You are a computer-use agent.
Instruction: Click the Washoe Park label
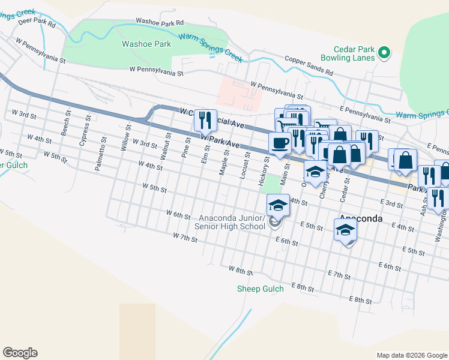coord(146,44)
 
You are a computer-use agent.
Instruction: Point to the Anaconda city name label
coord(361,218)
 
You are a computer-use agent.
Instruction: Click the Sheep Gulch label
coord(259,289)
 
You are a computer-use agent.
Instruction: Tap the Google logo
coord(20,353)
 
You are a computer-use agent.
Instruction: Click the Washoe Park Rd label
coord(159,21)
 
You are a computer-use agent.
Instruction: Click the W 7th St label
coord(185,238)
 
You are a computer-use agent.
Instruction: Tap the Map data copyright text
coord(411,355)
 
